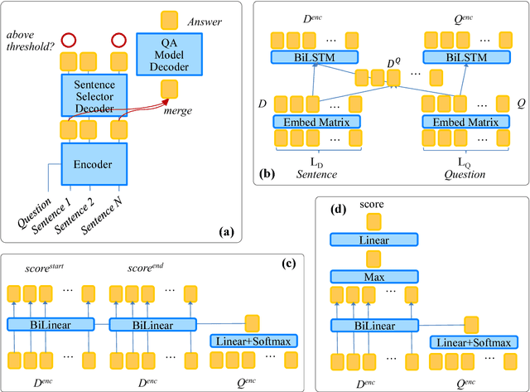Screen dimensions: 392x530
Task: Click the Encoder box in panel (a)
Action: tap(93, 164)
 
